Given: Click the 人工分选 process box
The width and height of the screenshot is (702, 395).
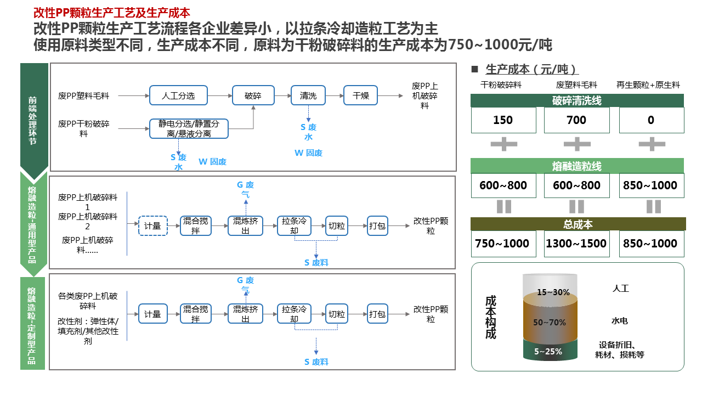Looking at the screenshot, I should click(179, 95).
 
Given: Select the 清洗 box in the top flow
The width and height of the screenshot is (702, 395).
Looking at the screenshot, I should click(308, 95).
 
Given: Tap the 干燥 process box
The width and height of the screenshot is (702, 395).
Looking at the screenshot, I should click(361, 95).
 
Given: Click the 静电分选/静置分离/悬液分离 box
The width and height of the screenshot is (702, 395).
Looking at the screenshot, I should click(189, 128).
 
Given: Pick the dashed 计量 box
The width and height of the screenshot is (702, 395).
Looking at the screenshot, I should click(152, 225).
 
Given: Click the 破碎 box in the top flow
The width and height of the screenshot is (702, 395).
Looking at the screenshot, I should click(253, 95).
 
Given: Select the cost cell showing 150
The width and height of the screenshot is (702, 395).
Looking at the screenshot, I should click(503, 120).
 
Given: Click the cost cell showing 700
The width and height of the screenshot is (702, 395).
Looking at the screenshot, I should click(576, 120).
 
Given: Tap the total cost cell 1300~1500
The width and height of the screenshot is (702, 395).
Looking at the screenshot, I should click(576, 244).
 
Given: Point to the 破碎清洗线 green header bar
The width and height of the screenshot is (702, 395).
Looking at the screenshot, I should click(577, 100).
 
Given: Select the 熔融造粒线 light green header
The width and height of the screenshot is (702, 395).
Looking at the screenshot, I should click(577, 166).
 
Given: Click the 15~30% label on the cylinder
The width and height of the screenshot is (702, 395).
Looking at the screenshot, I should click(553, 292).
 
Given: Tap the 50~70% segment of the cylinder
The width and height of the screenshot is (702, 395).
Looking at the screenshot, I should click(550, 322).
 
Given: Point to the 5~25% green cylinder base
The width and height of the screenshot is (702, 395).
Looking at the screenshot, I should click(549, 352).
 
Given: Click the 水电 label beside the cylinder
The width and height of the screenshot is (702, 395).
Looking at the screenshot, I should click(620, 321).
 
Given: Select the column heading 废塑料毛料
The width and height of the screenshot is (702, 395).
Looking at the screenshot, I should click(576, 84).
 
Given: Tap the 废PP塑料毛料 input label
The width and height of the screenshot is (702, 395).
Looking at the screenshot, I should click(83, 95).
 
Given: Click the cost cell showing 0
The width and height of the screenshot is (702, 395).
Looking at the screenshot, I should click(651, 120).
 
